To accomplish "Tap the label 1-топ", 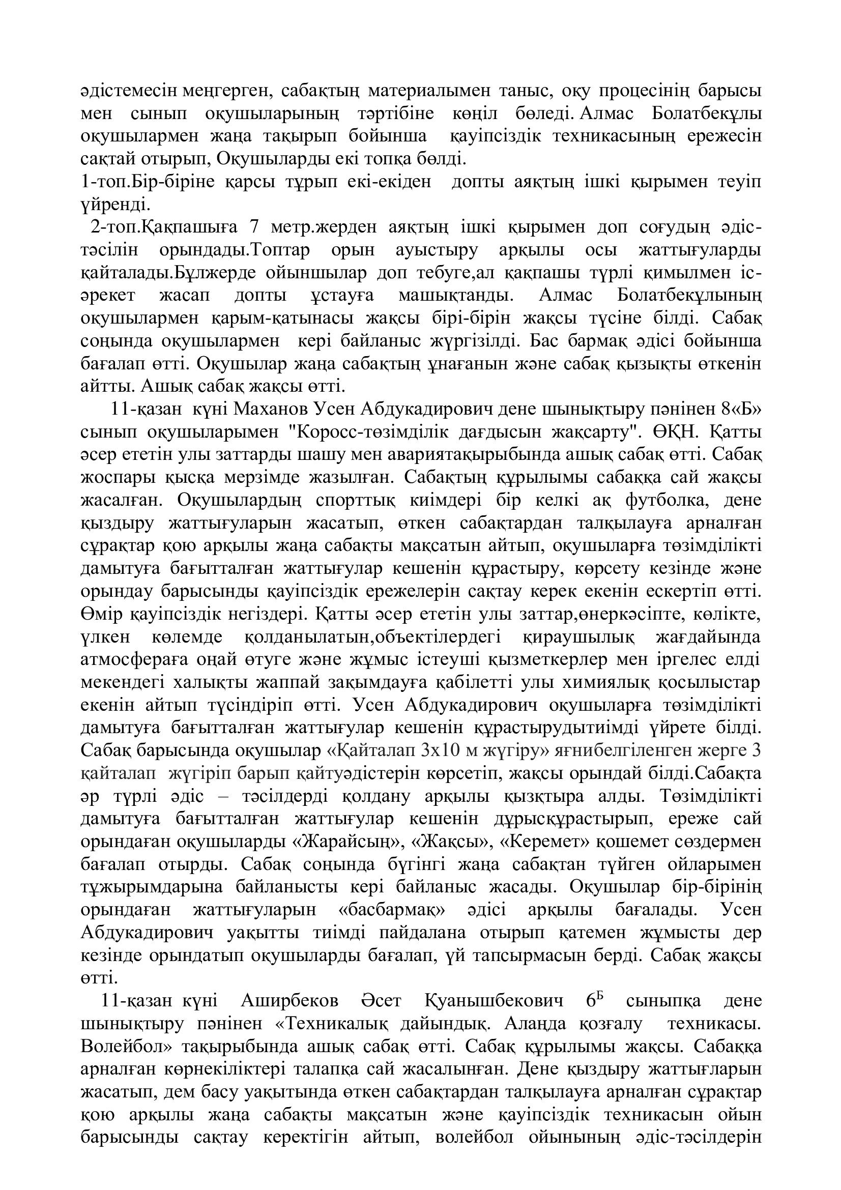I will click(x=104, y=182).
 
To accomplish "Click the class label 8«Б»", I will click(x=741, y=410).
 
